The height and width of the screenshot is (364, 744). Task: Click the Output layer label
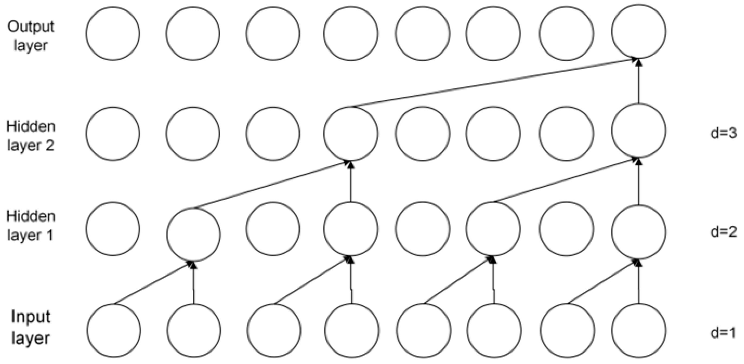(31, 36)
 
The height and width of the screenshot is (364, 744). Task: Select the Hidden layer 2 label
(31, 136)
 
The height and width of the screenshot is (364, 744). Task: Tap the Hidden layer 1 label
(31, 226)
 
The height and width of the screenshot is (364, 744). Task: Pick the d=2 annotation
(723, 232)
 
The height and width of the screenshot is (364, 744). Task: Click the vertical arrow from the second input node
(194, 283)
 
